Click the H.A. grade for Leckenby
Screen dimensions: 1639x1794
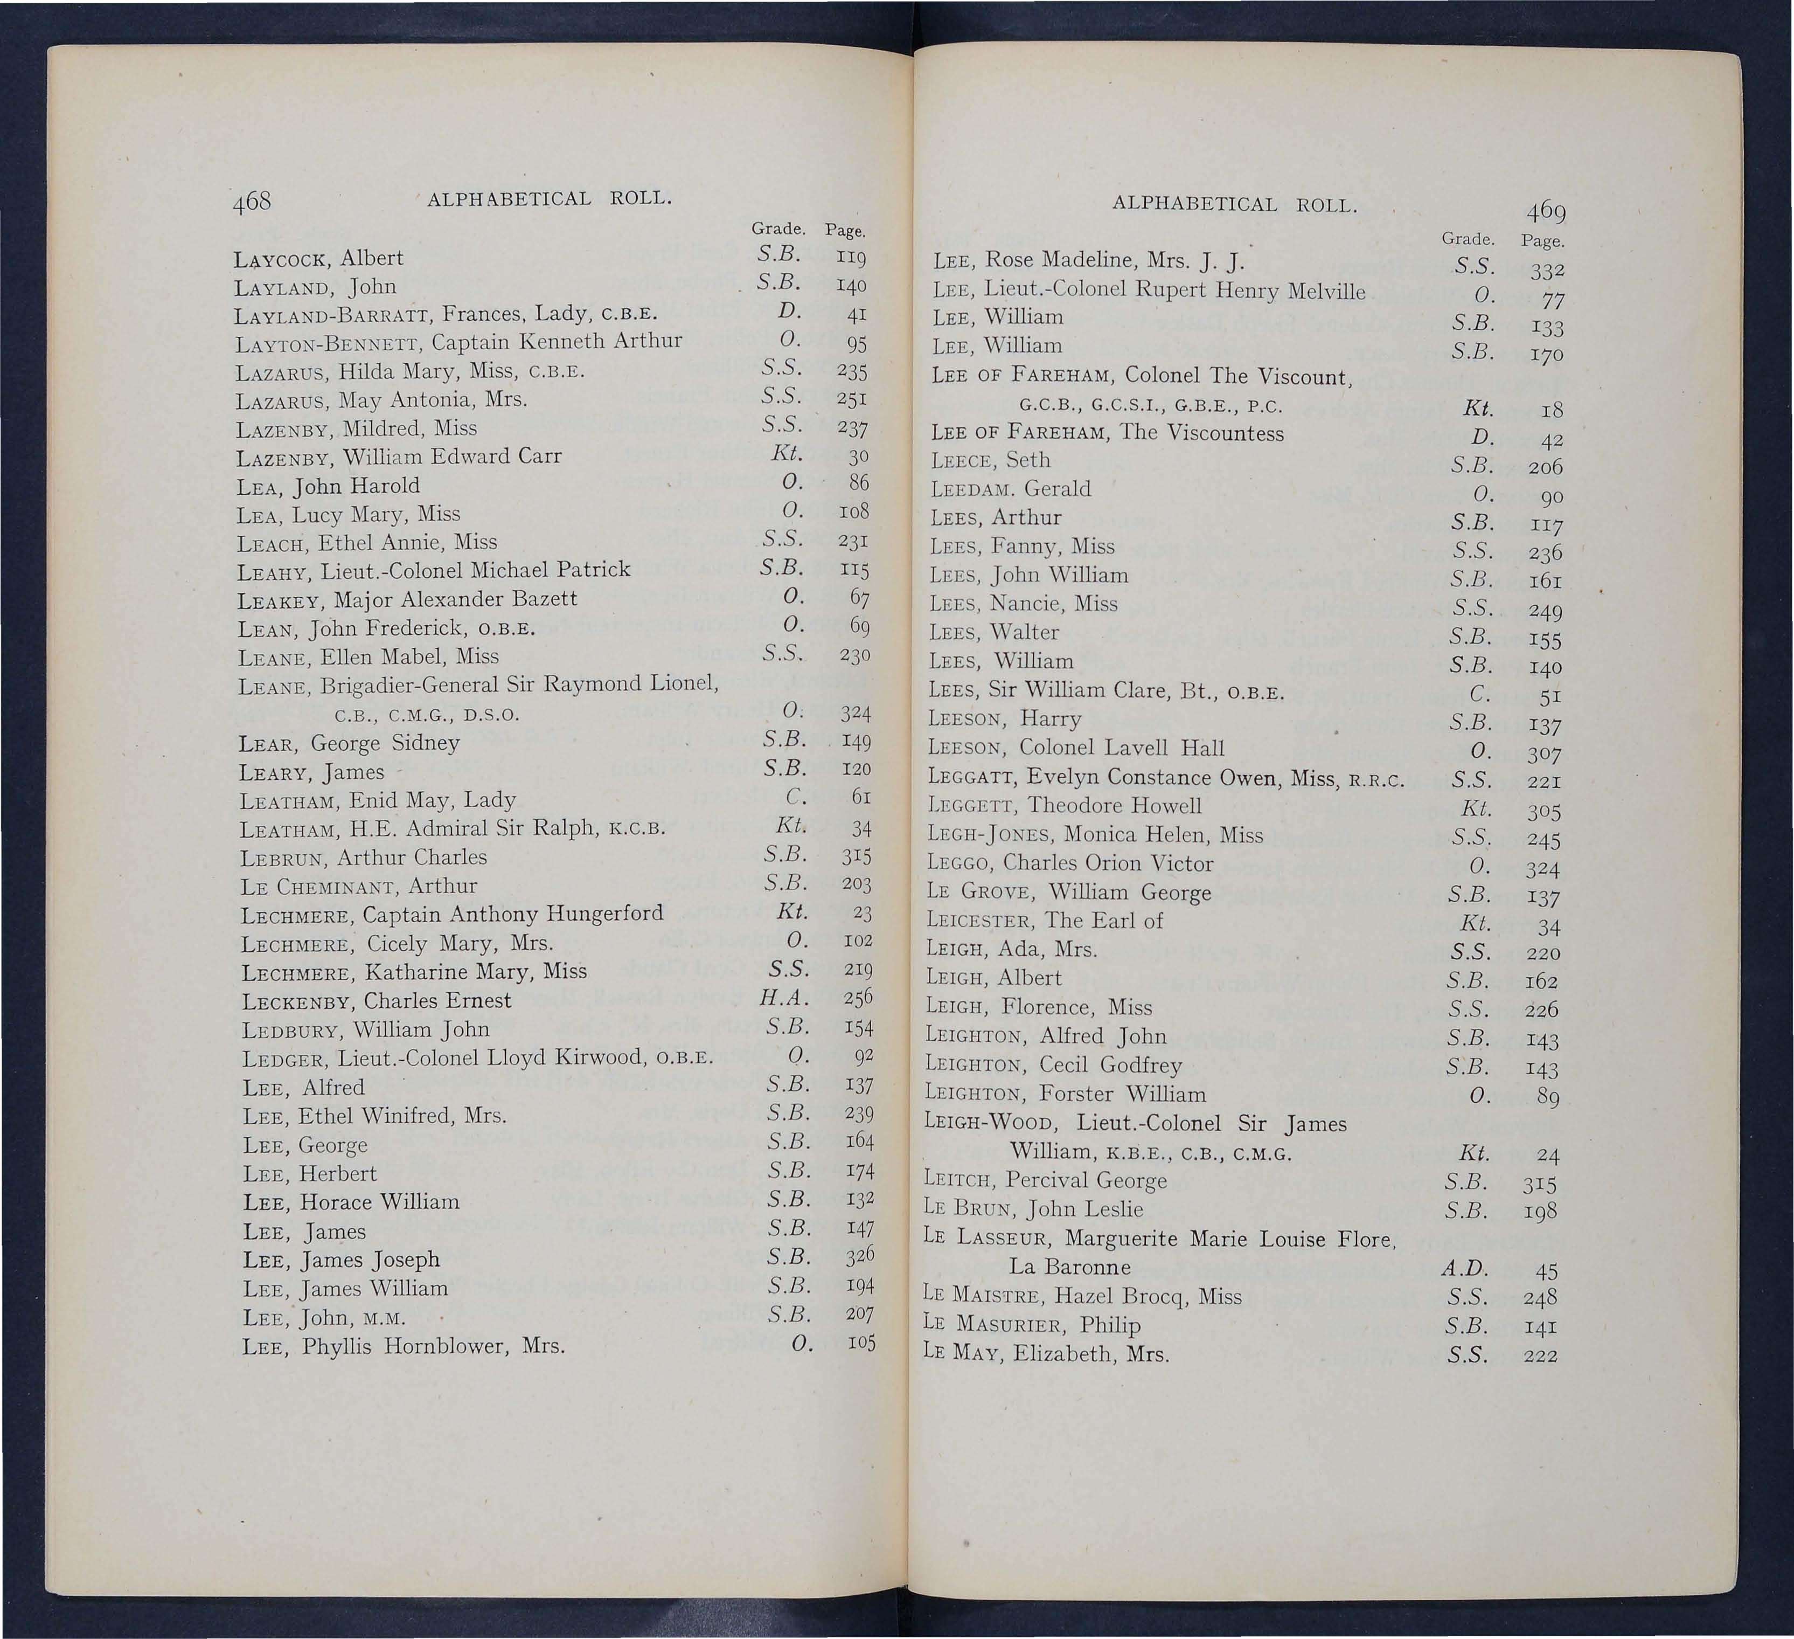click(783, 999)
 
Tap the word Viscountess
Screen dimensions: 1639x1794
click(1226, 433)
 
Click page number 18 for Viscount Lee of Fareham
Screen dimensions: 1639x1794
click(1552, 410)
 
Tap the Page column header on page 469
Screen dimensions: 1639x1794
click(1543, 240)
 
